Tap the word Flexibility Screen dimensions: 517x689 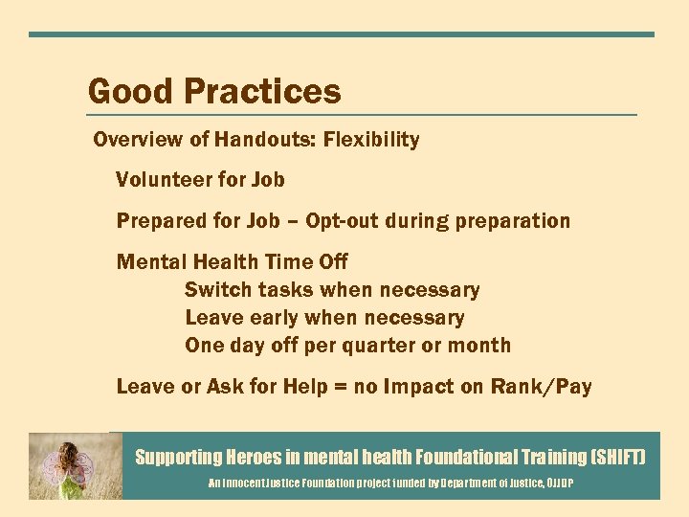(x=371, y=140)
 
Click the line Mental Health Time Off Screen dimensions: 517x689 (x=232, y=262)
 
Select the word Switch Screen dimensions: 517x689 (x=215, y=290)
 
